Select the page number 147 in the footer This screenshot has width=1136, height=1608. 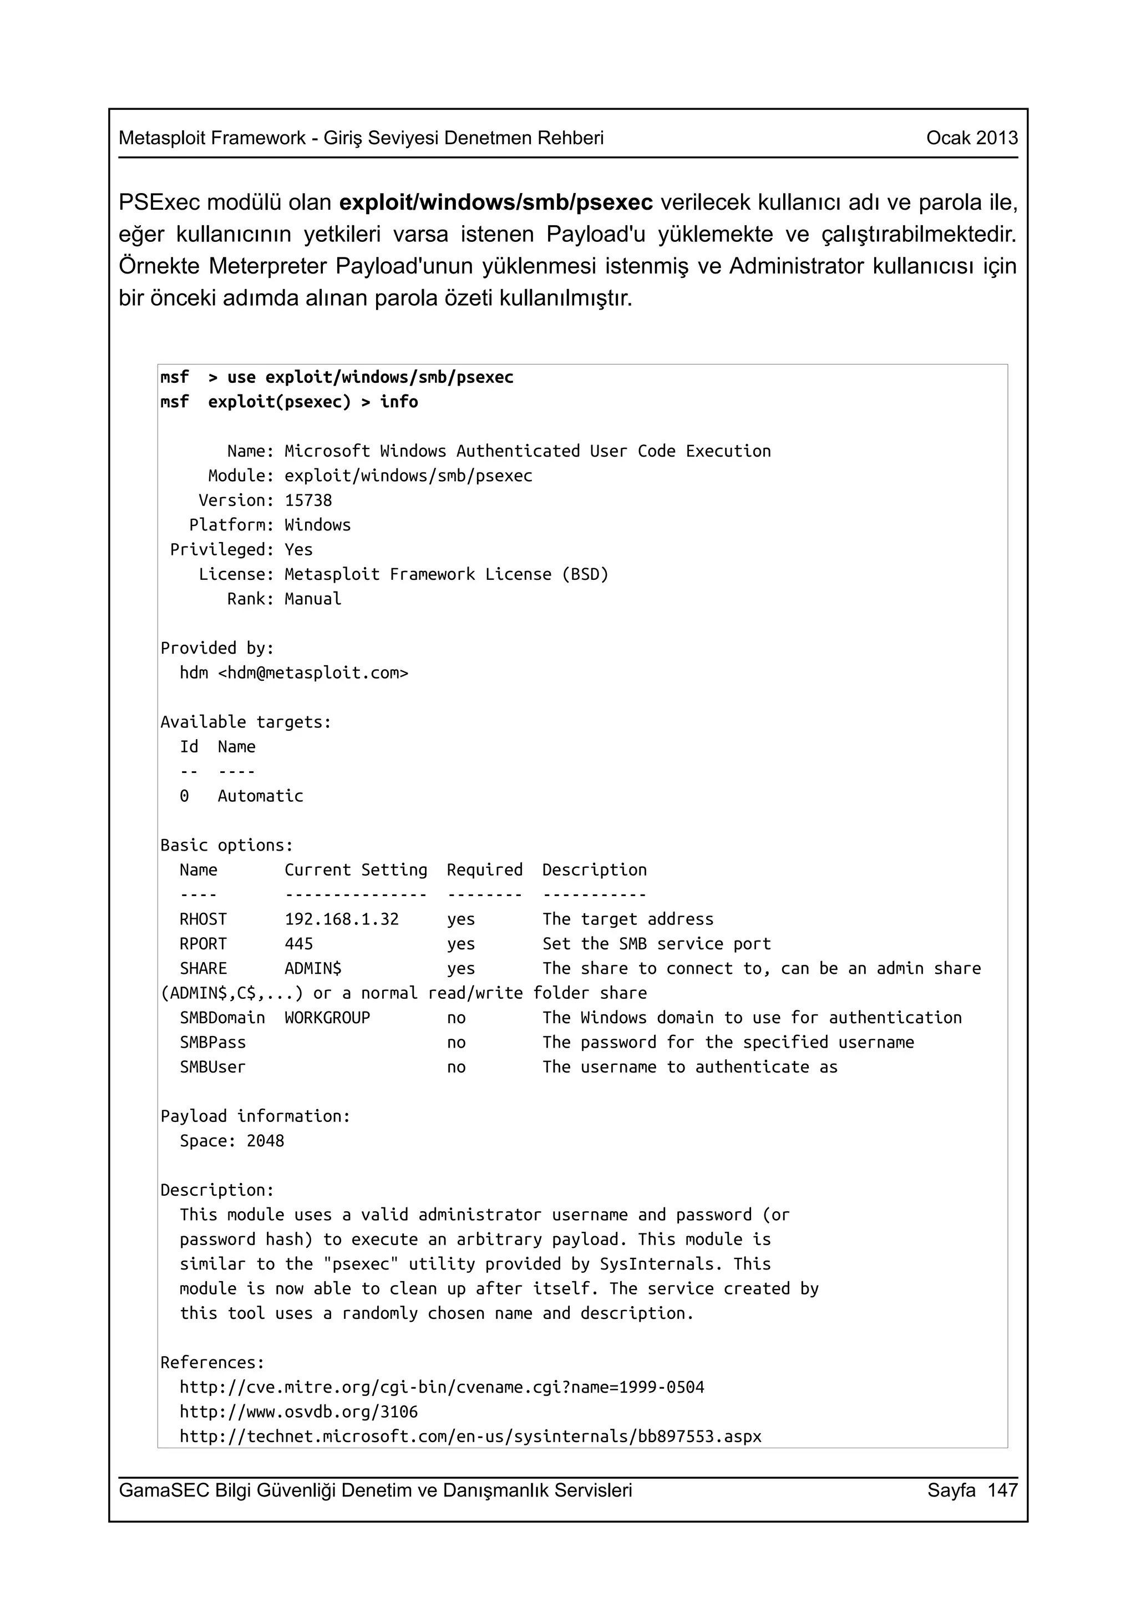click(x=1002, y=1490)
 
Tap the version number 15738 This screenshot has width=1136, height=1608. click(x=308, y=500)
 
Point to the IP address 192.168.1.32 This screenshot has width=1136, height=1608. click(x=342, y=919)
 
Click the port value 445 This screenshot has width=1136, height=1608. click(x=299, y=943)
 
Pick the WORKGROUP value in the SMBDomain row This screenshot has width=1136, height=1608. click(x=327, y=1018)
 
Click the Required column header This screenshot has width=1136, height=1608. click(x=484, y=870)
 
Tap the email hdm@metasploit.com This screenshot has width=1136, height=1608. click(x=313, y=673)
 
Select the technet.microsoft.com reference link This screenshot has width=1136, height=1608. click(x=470, y=1436)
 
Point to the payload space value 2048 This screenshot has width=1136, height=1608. click(x=265, y=1141)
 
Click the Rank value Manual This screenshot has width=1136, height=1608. click(x=313, y=599)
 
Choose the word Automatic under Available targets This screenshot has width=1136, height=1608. click(x=260, y=796)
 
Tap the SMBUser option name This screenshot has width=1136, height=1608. click(x=213, y=1066)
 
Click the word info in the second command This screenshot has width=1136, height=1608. click(x=399, y=402)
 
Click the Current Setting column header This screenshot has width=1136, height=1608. click(x=356, y=870)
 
